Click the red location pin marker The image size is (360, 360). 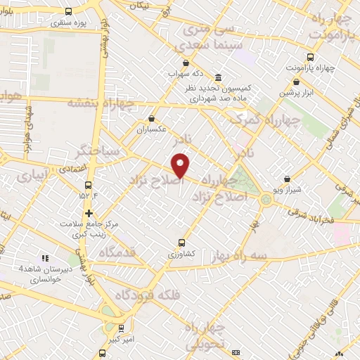pyautogui.click(x=181, y=166)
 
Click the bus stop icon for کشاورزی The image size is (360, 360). pyautogui.click(x=181, y=243)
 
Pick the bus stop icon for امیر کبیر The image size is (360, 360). pyautogui.click(x=122, y=327)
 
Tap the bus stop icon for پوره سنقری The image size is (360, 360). pyautogui.click(x=68, y=12)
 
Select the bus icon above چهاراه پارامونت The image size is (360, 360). pyautogui.click(x=310, y=58)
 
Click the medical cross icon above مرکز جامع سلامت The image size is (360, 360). pyautogui.click(x=89, y=213)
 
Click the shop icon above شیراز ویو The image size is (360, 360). pyautogui.click(x=288, y=179)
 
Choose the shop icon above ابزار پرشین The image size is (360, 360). pyautogui.click(x=297, y=82)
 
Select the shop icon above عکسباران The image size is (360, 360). pyautogui.click(x=151, y=119)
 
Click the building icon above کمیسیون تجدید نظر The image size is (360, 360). pyautogui.click(x=219, y=77)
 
